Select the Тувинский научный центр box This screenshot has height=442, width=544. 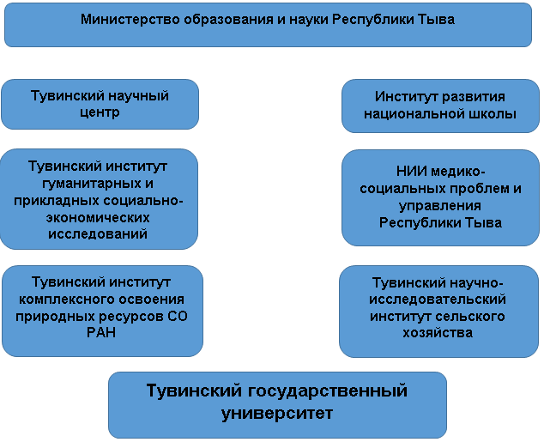pyautogui.click(x=100, y=104)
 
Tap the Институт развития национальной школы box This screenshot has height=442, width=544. pyautogui.click(x=440, y=106)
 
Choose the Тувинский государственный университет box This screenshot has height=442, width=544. pyautogui.click(x=277, y=404)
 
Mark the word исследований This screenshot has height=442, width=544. pyautogui.click(x=100, y=233)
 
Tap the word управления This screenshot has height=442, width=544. pyautogui.click(x=440, y=206)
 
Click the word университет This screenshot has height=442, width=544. pyautogui.click(x=276, y=414)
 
